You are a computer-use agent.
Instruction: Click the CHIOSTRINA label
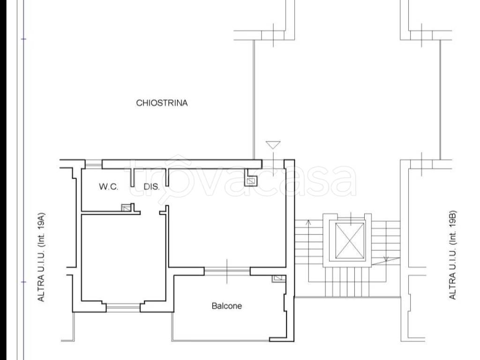162,103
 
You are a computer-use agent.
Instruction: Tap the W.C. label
108,187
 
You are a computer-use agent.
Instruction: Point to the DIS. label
151,187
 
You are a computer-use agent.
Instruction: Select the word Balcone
226,306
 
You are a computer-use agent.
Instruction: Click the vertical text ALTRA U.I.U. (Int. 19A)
41,257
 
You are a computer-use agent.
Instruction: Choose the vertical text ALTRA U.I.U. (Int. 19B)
452,255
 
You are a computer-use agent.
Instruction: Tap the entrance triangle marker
273,145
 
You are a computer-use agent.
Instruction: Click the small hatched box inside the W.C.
126,208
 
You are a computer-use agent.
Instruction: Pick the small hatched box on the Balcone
277,278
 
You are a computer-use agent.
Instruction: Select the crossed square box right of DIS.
251,181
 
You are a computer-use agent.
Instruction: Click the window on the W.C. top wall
93,165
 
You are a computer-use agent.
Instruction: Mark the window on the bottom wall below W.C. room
123,307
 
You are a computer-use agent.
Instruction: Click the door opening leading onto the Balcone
227,271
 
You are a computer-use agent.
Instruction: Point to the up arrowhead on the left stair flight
308,222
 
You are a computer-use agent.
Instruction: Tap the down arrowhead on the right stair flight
386,259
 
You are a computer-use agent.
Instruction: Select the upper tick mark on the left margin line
24,39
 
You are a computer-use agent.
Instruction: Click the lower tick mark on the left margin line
24,282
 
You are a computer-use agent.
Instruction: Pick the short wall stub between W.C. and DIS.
133,178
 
